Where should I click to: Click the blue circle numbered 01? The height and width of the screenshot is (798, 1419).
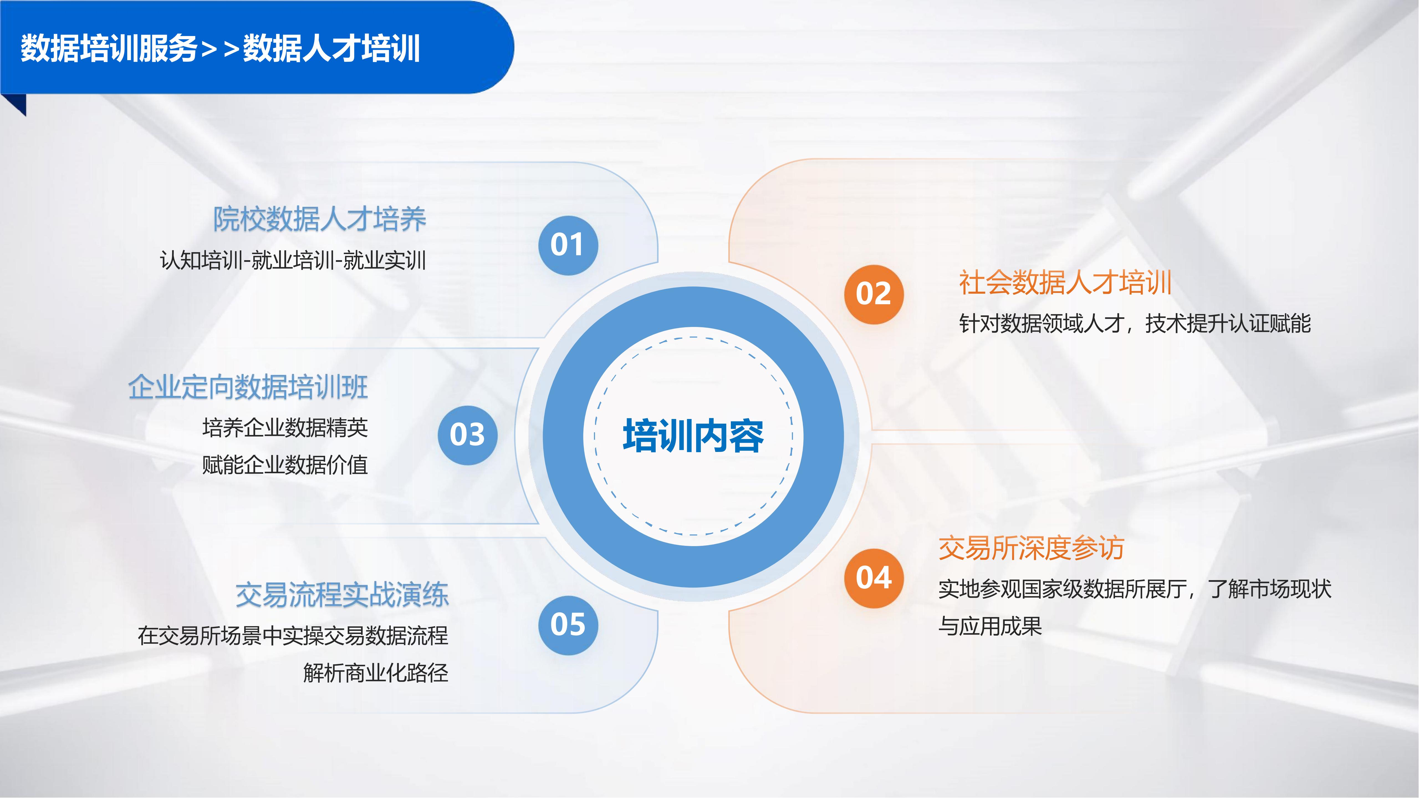click(568, 245)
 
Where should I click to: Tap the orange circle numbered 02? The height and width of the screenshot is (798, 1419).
click(874, 294)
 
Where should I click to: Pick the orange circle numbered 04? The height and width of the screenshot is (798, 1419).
click(874, 578)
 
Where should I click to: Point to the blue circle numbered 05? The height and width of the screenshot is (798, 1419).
click(568, 625)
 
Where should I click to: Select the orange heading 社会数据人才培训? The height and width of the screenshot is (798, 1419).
click(1065, 283)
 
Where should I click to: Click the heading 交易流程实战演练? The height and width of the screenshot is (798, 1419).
click(342, 595)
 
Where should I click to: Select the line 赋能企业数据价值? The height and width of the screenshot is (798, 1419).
click(285, 465)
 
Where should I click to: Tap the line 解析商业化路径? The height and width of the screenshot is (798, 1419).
click(376, 672)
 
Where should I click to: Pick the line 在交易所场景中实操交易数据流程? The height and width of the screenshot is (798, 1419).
click(293, 636)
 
